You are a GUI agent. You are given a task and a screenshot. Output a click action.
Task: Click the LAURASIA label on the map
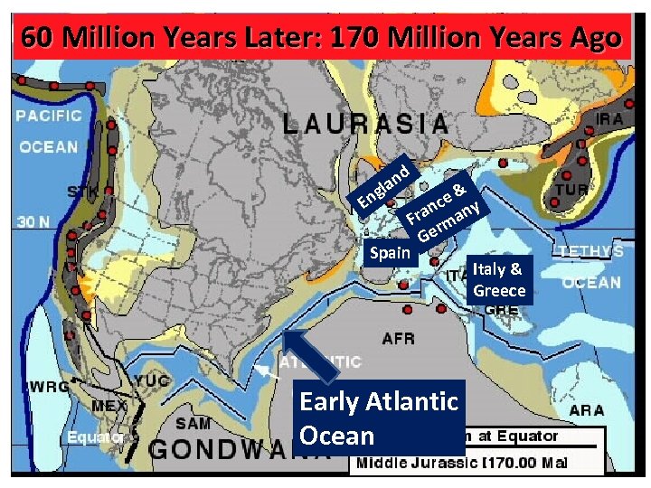365,125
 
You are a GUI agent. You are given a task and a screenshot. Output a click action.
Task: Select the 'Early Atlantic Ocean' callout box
380,418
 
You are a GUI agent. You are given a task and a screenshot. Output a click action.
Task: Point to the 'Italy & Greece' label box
497,279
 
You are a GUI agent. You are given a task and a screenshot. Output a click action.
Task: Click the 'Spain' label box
391,253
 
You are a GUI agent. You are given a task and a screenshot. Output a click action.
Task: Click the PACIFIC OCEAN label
49,131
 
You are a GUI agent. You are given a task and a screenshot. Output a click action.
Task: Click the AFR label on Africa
399,340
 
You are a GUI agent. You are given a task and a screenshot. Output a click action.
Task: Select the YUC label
152,381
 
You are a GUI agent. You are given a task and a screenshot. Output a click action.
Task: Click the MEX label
109,406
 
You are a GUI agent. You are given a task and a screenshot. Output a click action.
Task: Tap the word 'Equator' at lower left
94,437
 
